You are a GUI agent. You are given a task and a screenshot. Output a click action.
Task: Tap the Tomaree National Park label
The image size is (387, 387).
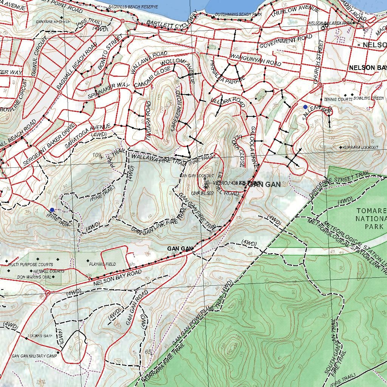point(371,218)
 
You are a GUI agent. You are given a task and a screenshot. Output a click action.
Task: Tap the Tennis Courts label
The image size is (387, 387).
point(338,99)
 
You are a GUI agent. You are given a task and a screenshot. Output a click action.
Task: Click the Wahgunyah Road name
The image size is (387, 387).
point(256,60)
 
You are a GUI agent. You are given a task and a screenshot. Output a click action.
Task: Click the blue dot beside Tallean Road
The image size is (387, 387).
point(305,107)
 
